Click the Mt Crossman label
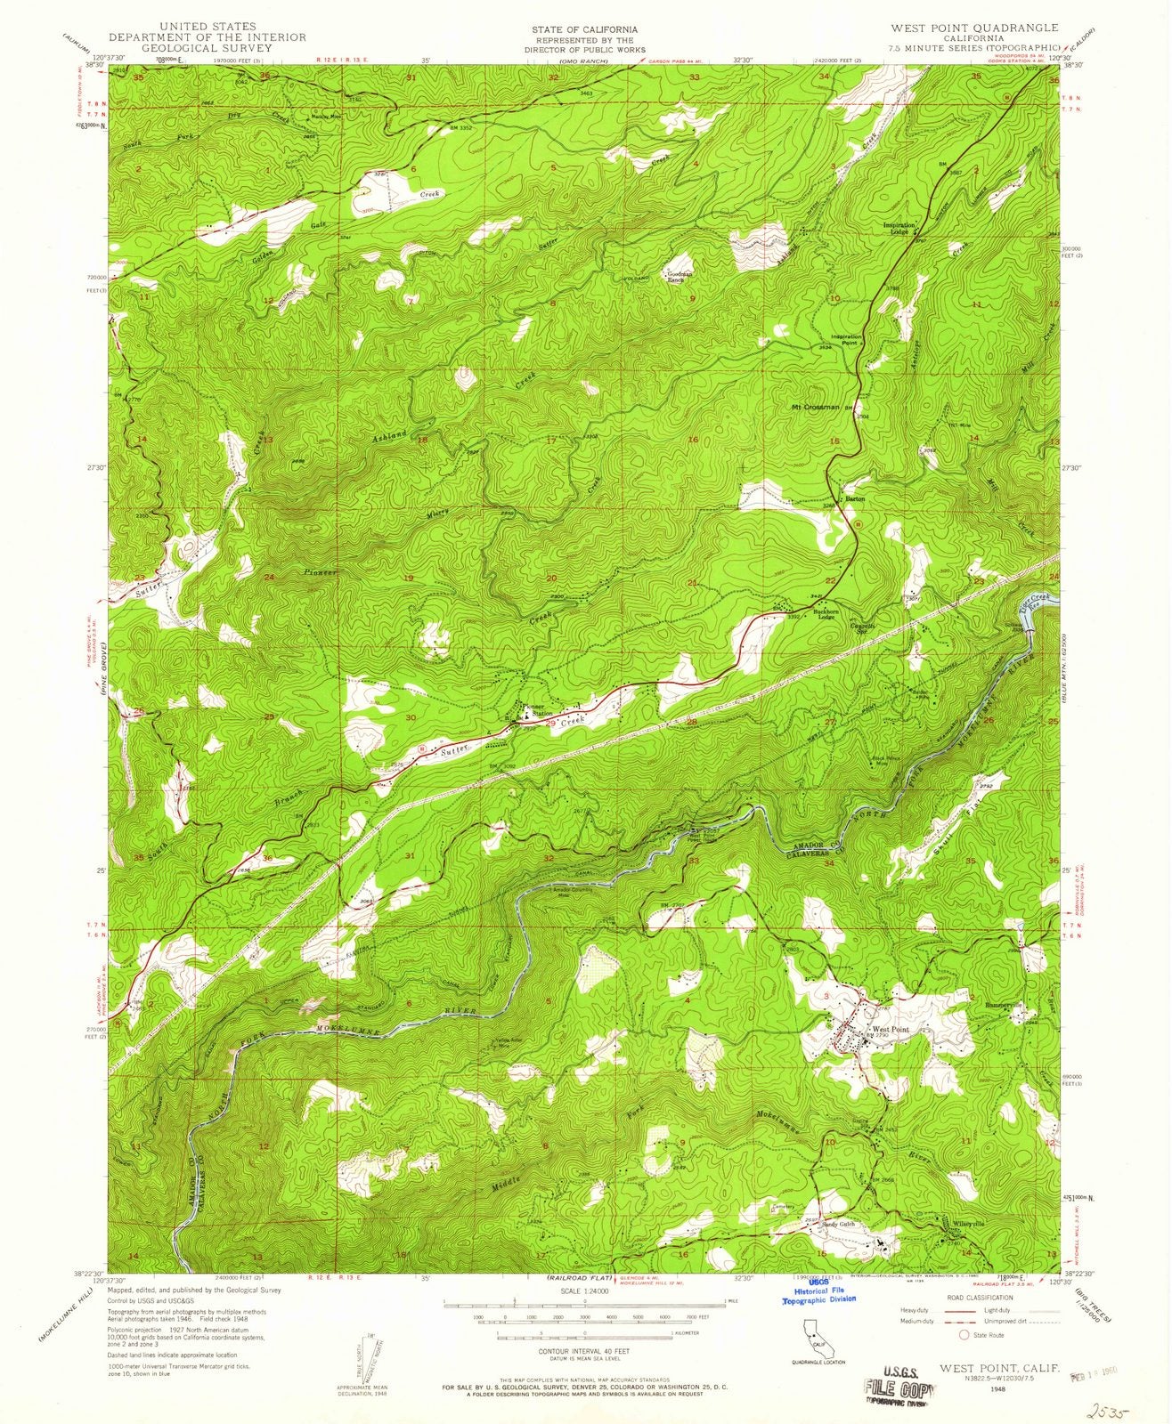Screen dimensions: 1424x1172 pos(815,408)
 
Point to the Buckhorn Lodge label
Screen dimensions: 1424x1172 pos(812,617)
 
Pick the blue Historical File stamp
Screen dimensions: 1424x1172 pos(818,1295)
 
